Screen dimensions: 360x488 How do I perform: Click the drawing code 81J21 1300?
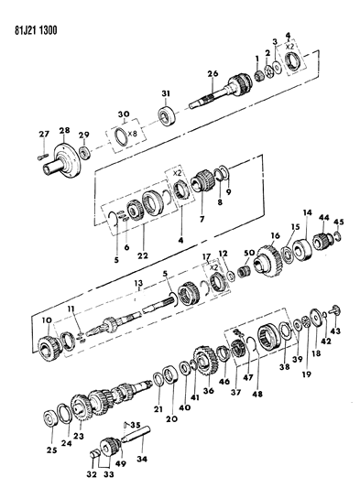pyautogui.click(x=36, y=30)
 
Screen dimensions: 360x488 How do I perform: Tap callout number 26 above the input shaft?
pyautogui.click(x=213, y=74)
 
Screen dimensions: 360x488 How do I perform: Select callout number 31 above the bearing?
pyautogui.click(x=166, y=93)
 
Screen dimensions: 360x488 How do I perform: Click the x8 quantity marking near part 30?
pyautogui.click(x=133, y=134)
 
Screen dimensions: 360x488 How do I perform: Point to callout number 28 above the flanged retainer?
pyautogui.click(x=64, y=130)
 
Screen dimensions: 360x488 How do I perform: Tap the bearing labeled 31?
pyautogui.click(x=167, y=115)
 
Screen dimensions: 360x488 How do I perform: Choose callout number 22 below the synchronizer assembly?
pyautogui.click(x=144, y=255)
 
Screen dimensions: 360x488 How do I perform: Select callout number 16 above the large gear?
pyautogui.click(x=276, y=235)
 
